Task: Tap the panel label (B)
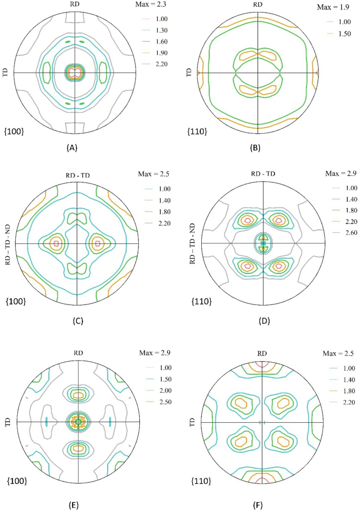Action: point(258,148)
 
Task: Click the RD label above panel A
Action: point(75,5)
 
